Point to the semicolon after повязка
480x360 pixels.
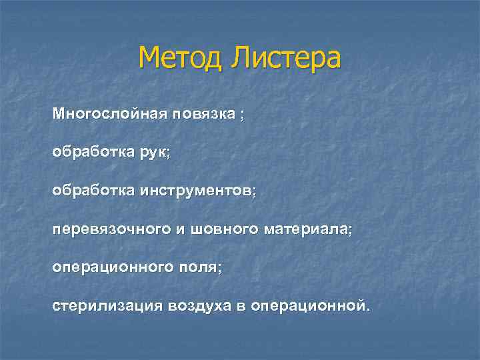(242, 115)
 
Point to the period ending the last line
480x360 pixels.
(366, 308)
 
